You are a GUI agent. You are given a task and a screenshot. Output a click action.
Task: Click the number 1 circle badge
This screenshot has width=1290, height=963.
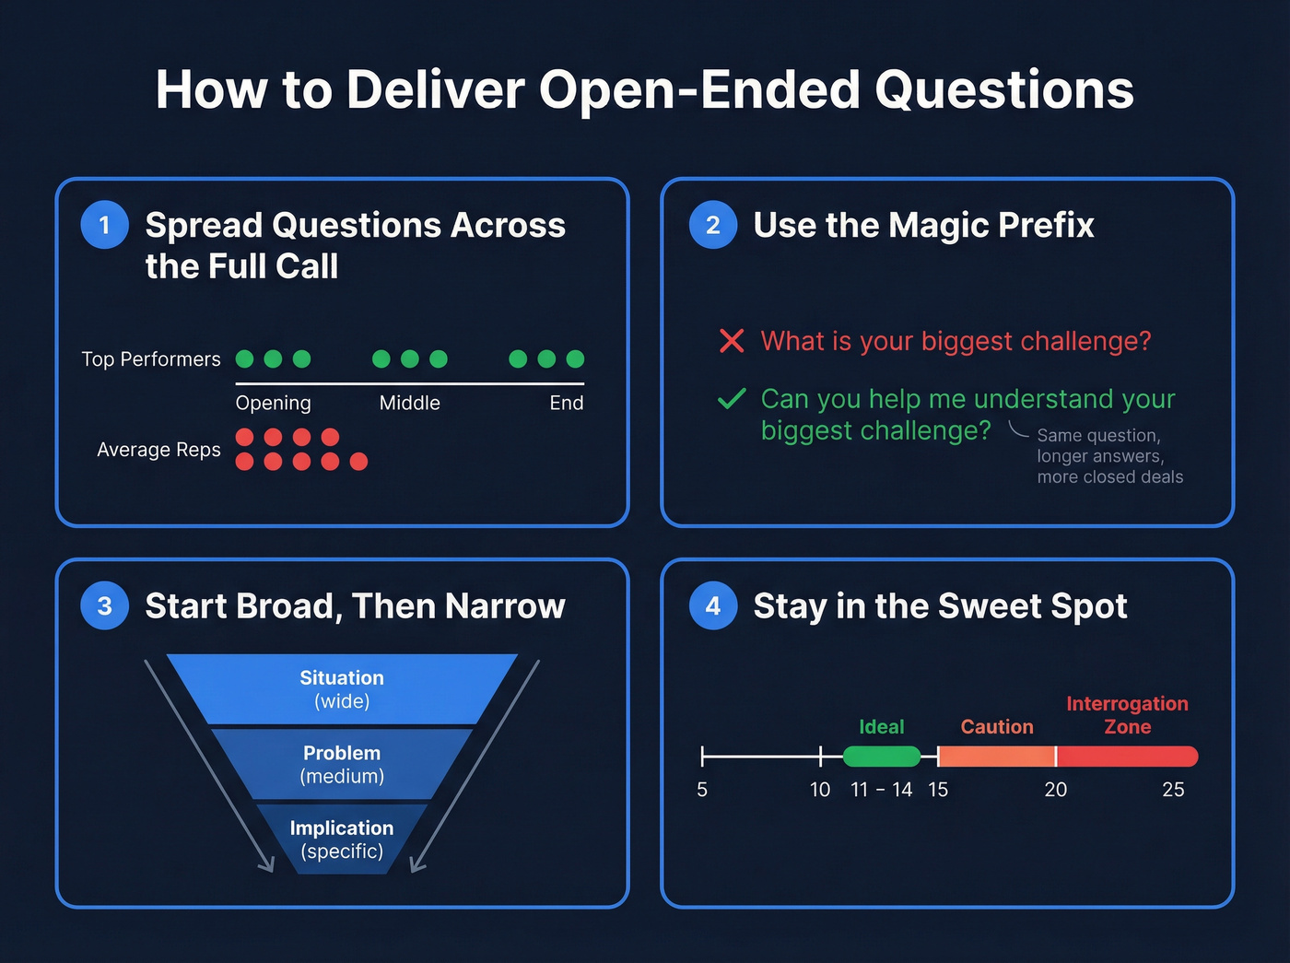[x=105, y=225]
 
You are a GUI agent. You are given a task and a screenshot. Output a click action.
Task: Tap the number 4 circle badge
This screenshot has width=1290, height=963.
[x=713, y=605]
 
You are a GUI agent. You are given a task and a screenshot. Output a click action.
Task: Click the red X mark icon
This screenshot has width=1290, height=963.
[x=732, y=341]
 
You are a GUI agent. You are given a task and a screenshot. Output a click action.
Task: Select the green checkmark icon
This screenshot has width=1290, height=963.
[x=732, y=399]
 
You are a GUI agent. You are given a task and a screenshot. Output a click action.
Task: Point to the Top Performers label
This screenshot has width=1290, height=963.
[x=151, y=359]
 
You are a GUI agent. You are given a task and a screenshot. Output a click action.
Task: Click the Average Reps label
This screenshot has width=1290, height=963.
[x=158, y=450]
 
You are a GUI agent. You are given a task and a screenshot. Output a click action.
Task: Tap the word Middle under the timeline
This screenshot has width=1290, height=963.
[x=410, y=403]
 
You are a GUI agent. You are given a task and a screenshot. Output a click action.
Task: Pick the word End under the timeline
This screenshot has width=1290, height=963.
[x=567, y=403]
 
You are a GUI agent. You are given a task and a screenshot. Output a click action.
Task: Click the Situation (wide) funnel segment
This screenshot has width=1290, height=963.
[x=342, y=689]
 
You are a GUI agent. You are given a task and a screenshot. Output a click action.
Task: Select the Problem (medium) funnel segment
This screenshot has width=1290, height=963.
[x=342, y=765]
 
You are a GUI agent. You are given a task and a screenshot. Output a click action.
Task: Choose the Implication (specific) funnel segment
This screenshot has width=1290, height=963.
[x=342, y=840]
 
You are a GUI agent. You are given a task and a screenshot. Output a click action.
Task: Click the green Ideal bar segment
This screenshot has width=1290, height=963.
[x=882, y=757]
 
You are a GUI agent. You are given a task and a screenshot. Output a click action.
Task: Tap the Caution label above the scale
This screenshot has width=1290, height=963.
[x=997, y=727]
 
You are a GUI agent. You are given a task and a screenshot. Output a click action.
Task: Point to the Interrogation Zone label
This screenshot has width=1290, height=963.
[x=1127, y=715]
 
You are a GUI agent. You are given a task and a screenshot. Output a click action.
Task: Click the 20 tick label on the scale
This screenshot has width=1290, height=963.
[x=1056, y=790]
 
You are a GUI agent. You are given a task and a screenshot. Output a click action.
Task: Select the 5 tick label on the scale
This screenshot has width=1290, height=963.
[x=702, y=790]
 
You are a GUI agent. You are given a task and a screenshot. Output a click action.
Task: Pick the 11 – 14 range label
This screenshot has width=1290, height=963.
[x=882, y=790]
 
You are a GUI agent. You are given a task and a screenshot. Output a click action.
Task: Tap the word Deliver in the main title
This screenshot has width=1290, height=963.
[x=436, y=90]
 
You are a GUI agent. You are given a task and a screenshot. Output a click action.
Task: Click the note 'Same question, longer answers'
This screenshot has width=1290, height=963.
[x=1100, y=446]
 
